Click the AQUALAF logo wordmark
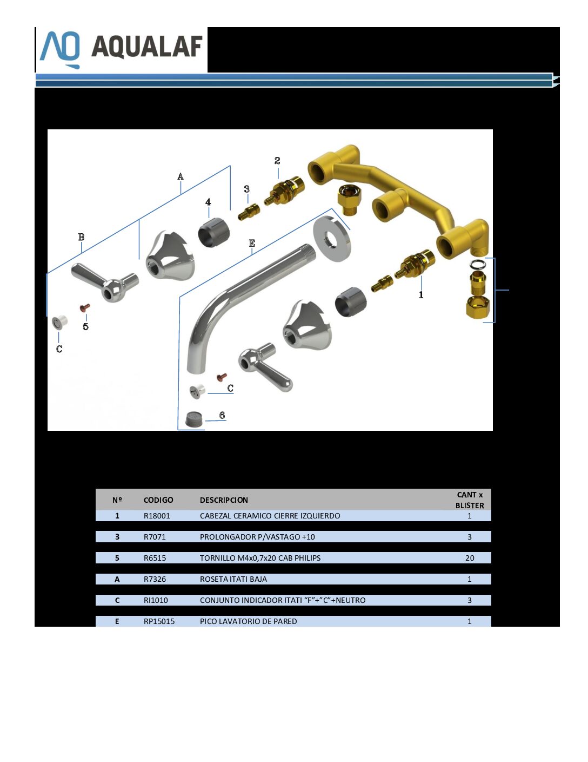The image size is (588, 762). tap(147, 47)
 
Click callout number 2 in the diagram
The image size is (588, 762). tap(277, 161)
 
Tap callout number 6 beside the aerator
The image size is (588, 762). tap(222, 415)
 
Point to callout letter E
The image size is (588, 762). tap(252, 243)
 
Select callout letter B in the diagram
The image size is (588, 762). tap(81, 237)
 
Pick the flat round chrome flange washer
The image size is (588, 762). tap(332, 239)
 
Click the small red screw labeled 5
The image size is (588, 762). tap(85, 308)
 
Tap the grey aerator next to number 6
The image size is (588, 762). tap(194, 419)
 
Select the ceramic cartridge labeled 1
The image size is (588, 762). tap(415, 264)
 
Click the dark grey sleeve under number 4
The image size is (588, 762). tap(213, 233)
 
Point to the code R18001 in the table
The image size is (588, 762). tap(157, 515)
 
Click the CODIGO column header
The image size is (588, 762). tap(158, 500)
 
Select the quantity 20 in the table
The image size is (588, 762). tap(470, 558)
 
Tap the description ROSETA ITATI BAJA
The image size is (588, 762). tap(233, 579)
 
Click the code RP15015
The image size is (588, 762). tap(159, 621)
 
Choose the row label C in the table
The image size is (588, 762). tap(117, 600)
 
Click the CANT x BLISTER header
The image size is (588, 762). tap(470, 500)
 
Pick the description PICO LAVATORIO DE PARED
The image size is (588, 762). tap(248, 621)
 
